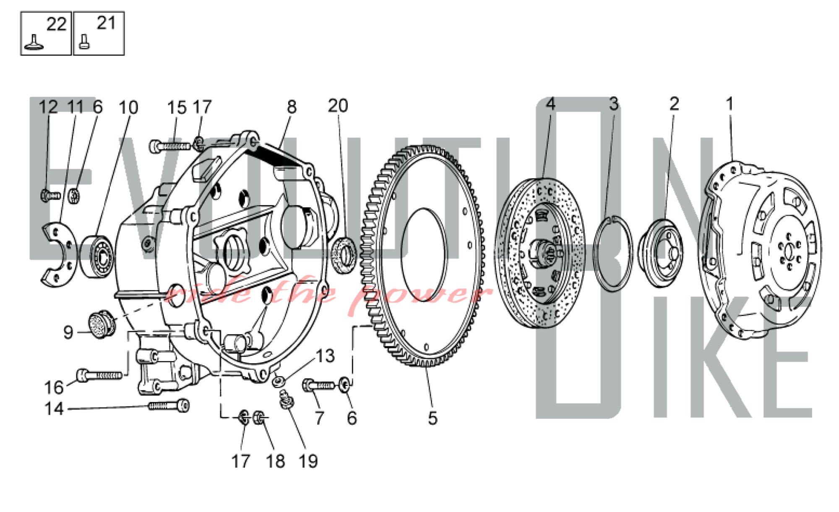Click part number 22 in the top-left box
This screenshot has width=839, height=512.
[56, 24]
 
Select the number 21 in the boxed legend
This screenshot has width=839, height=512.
[106, 23]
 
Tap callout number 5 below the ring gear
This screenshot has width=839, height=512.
[433, 418]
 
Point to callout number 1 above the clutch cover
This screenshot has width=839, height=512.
[730, 104]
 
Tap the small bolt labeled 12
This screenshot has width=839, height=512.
[50, 195]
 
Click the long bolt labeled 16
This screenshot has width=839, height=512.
[99, 374]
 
